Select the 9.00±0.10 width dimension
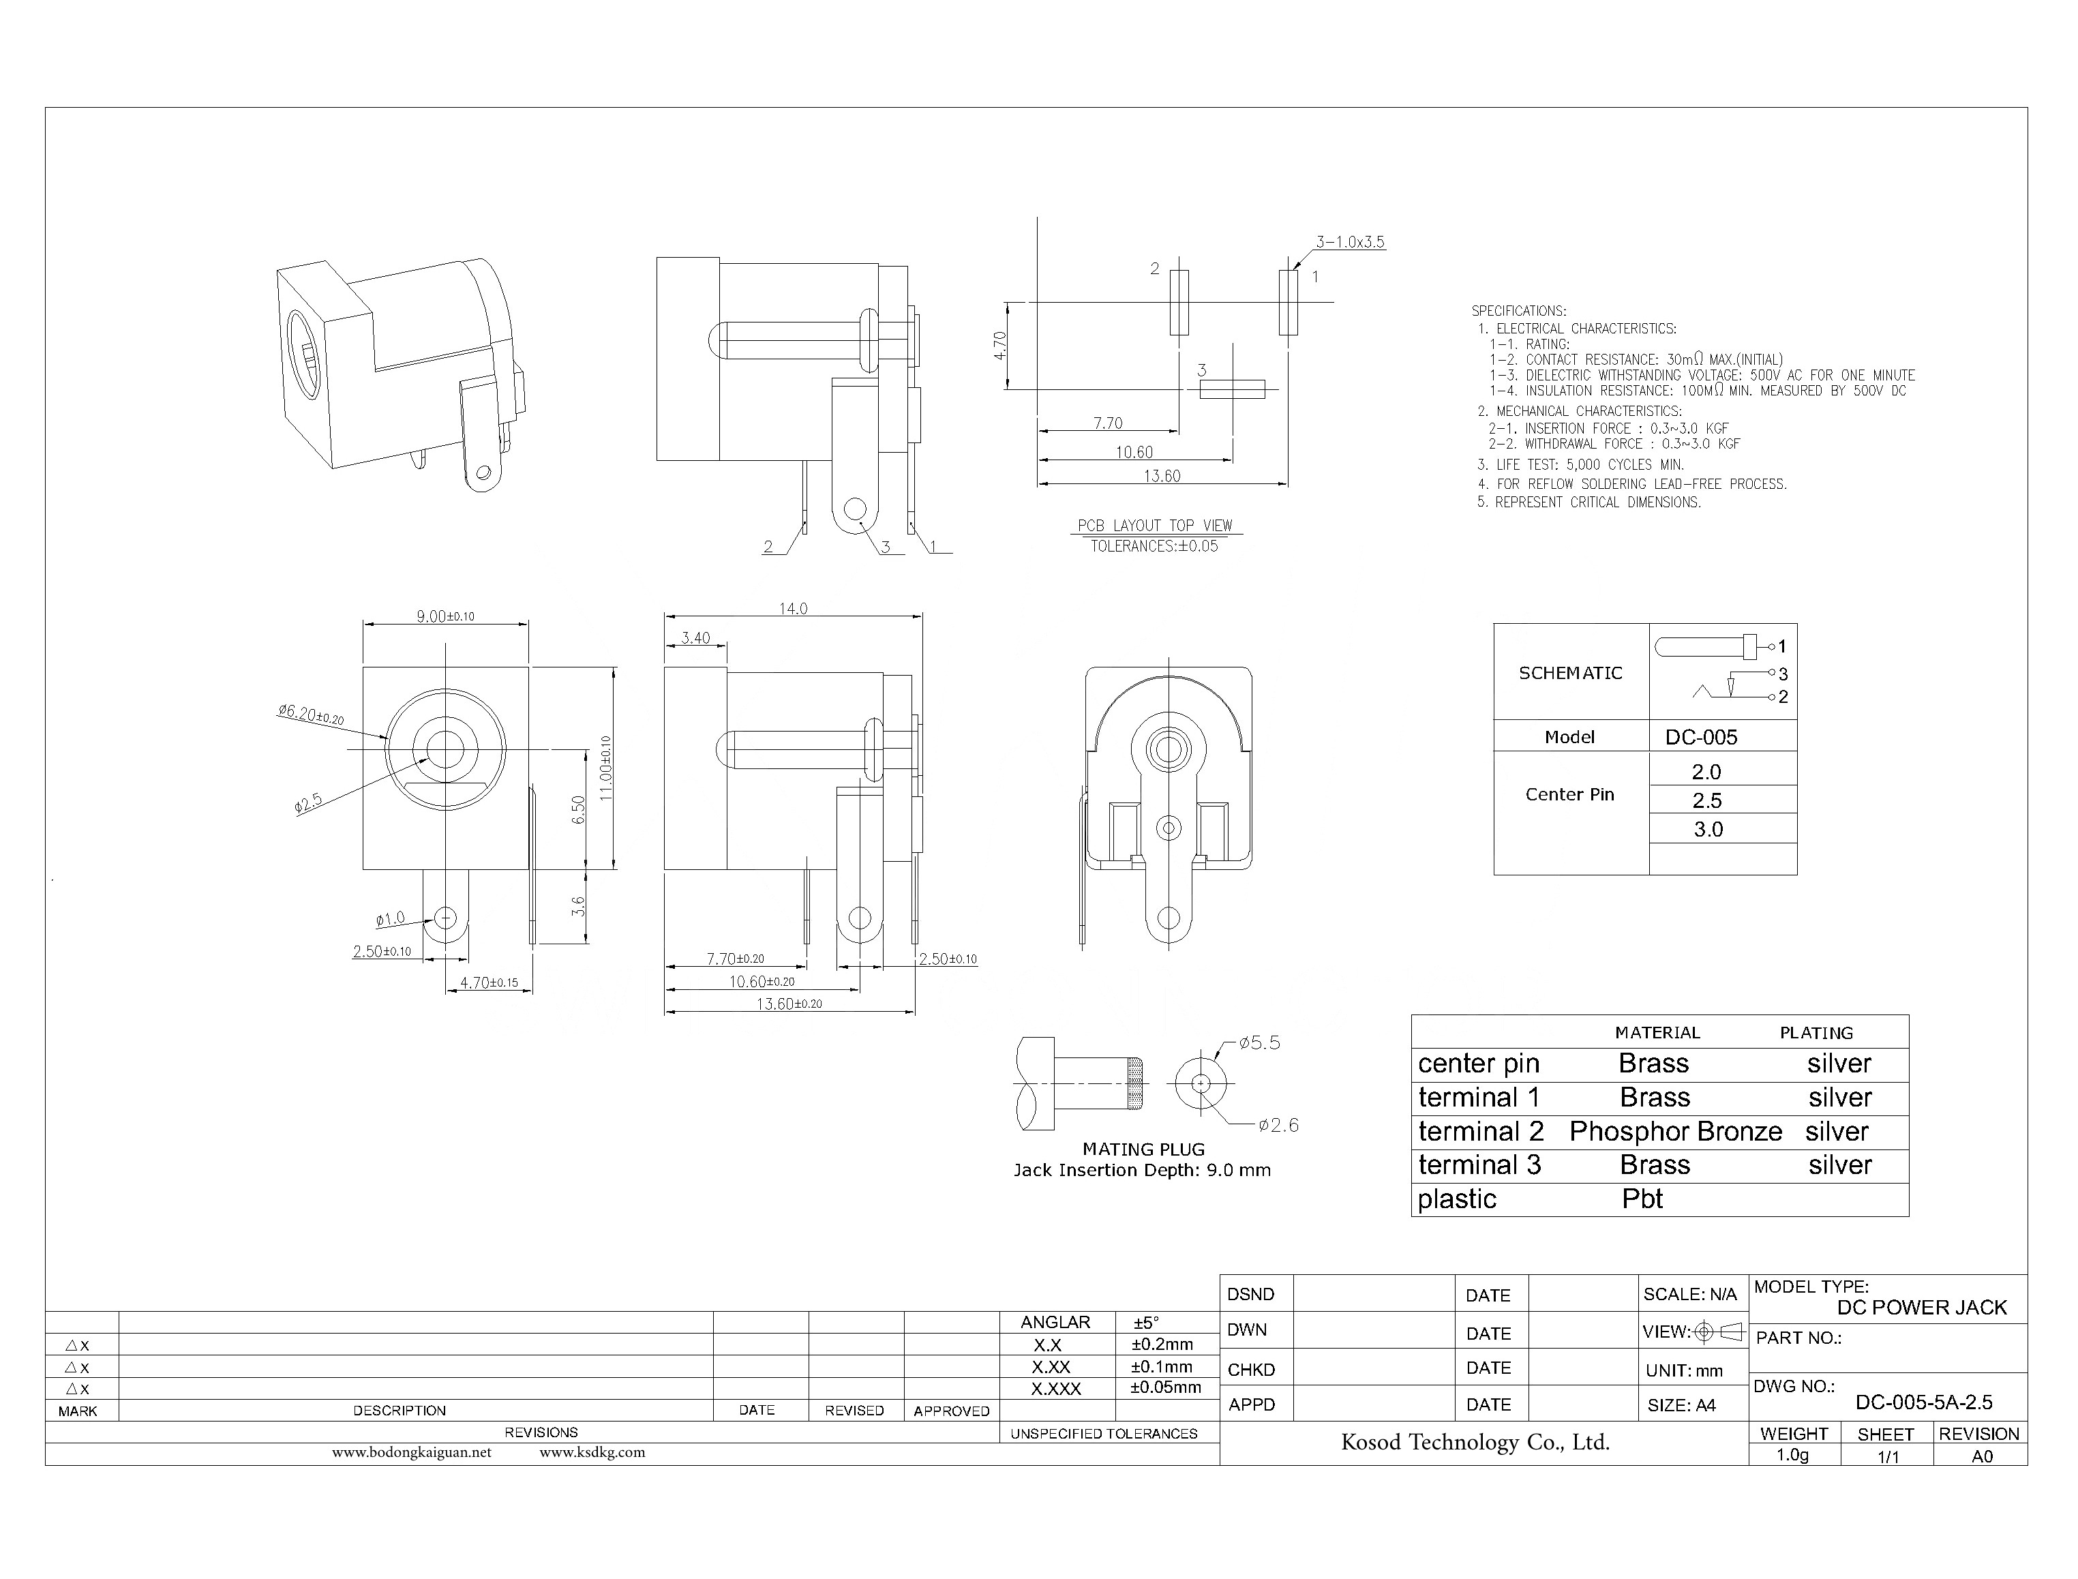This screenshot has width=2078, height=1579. point(445,616)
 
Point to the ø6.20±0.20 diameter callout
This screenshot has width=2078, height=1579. point(310,715)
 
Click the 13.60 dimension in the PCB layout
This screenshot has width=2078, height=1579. point(1162,477)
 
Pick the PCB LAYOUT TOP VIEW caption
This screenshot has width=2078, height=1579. point(1154,526)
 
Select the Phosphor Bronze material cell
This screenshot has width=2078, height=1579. point(1675,1132)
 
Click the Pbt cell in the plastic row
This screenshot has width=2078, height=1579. point(1642,1199)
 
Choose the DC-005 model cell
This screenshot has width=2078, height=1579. point(1701,737)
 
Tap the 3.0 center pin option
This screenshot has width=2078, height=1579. point(1708,829)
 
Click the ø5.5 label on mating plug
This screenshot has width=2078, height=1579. point(1259,1043)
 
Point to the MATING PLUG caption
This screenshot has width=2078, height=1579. point(1143,1149)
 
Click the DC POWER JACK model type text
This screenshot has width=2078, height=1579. point(1921,1308)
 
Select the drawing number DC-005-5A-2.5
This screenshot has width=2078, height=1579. point(1923,1402)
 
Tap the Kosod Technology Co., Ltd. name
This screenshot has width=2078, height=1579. point(1475,1442)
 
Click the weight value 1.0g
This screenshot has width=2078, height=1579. point(1792,1455)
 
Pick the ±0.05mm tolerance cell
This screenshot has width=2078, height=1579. point(1165,1387)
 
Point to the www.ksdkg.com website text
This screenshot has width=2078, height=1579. point(592,1452)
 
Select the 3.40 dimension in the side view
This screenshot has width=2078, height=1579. point(695,638)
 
